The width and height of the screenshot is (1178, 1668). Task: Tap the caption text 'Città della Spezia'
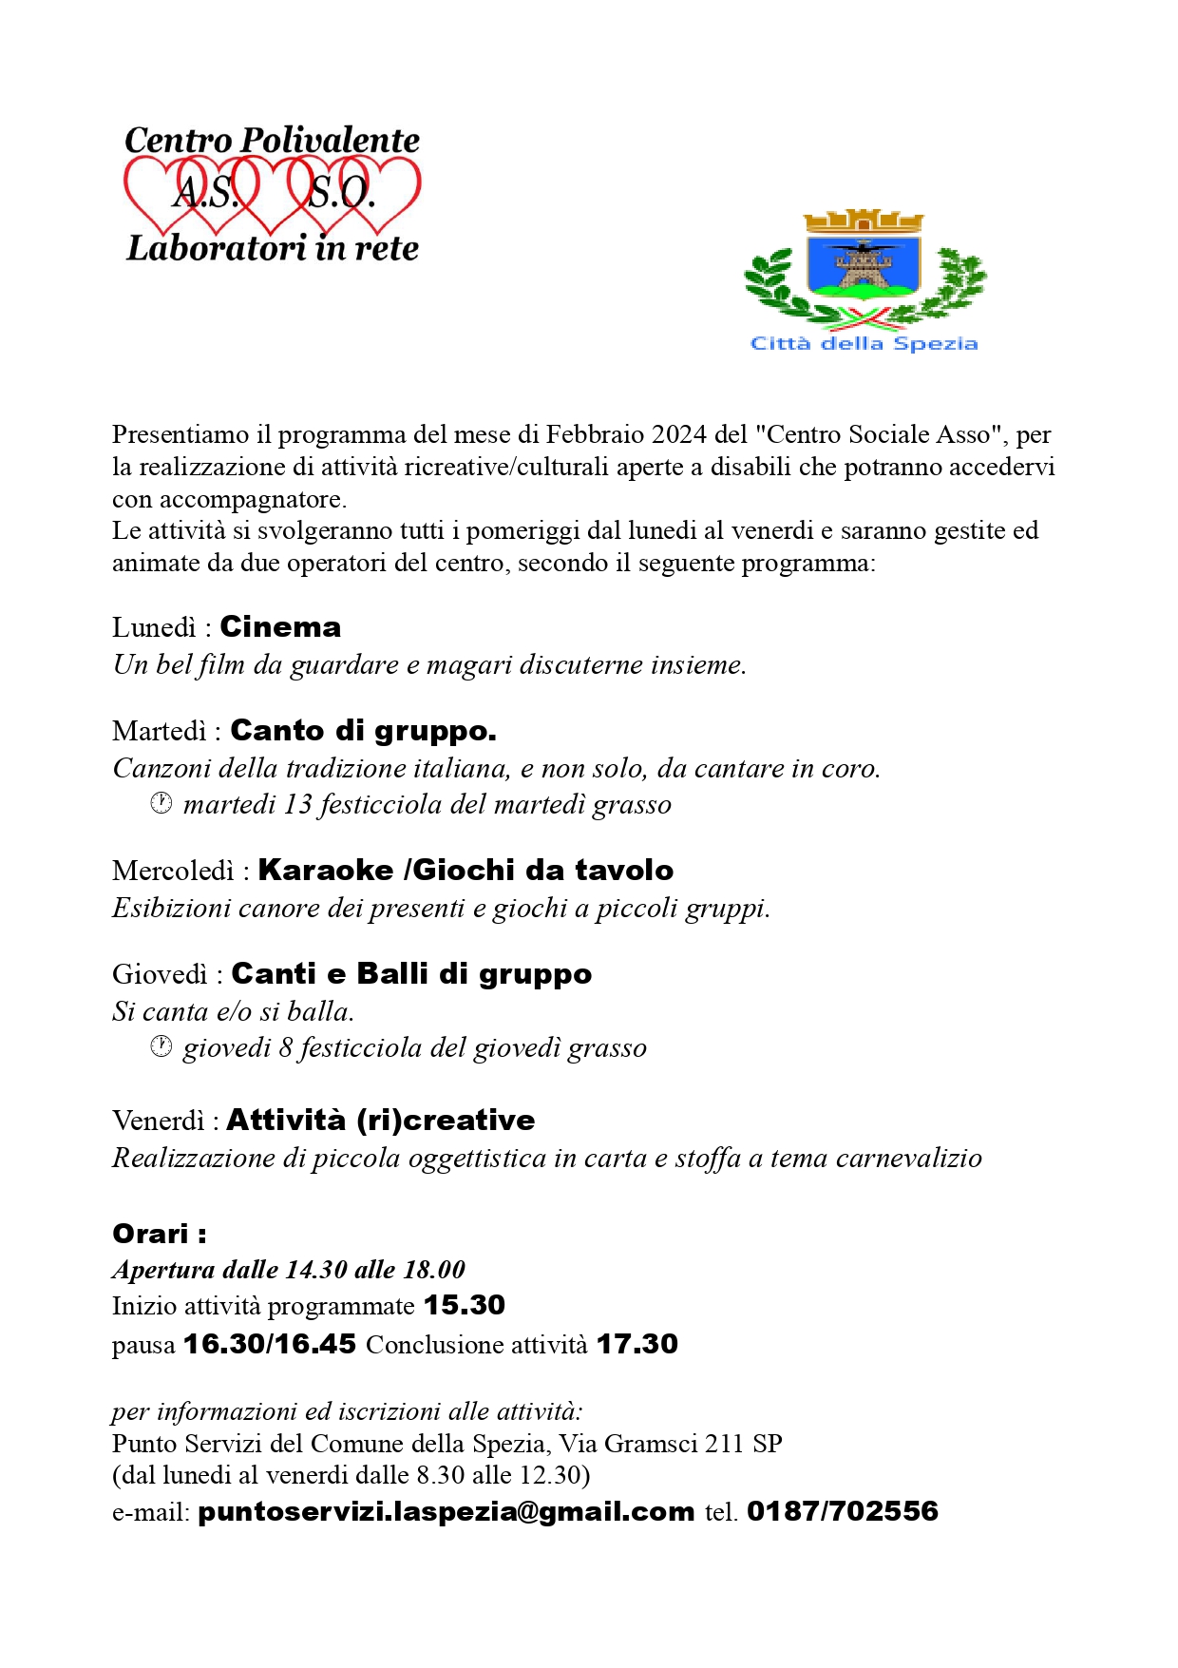coord(864,343)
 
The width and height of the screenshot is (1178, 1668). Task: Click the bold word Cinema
coord(280,627)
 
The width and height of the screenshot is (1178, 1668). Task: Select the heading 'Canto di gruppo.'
coord(363,731)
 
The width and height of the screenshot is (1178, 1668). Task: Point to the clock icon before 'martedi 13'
coord(161,804)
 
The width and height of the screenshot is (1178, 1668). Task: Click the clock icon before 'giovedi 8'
coord(161,1047)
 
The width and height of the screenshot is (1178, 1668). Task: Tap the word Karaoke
coord(326,871)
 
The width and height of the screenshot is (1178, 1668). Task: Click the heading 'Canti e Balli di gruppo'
coord(411,974)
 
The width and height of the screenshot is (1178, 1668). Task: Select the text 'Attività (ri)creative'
coord(380,1121)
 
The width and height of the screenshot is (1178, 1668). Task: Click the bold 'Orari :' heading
coord(159,1234)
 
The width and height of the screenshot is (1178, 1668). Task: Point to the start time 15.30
coord(464,1305)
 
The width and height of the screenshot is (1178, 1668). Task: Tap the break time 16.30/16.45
coord(270,1344)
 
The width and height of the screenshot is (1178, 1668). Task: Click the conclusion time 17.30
coord(636,1344)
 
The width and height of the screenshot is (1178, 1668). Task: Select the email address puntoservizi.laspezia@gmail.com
coord(446,1511)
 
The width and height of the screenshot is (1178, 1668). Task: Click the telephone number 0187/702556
coord(842,1511)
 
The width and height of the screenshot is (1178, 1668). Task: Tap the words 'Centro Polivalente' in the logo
coord(272,141)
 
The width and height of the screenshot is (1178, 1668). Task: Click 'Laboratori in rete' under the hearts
coord(273,249)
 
